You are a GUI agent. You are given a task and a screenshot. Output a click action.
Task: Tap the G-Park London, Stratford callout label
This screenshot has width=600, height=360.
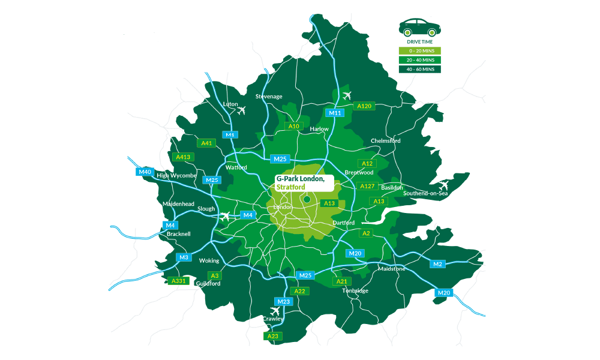(301, 182)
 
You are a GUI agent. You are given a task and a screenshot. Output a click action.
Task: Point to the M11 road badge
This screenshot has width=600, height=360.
(335, 112)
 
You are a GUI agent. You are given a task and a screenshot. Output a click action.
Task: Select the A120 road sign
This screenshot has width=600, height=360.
(365, 106)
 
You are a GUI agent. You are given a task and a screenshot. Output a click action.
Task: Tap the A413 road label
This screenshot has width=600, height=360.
(182, 157)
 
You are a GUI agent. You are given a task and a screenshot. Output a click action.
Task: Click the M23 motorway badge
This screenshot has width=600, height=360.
(284, 301)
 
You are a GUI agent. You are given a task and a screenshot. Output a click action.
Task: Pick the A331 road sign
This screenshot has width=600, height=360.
(179, 281)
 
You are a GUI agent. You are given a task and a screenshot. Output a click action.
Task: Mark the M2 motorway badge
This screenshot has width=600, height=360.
(437, 264)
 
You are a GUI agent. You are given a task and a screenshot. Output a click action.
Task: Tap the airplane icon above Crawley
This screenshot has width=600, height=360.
(275, 311)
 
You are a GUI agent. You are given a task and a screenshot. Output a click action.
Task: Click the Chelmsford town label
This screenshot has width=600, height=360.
(386, 140)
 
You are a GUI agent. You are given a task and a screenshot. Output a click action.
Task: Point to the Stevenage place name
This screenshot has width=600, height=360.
(268, 96)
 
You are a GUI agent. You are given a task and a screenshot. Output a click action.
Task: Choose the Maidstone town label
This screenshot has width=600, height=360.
(392, 268)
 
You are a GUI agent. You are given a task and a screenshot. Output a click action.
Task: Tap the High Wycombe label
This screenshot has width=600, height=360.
(176, 175)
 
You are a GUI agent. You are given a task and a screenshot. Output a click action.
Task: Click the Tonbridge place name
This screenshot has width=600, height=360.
(355, 290)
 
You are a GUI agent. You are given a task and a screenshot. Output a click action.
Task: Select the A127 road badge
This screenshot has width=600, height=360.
(367, 186)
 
